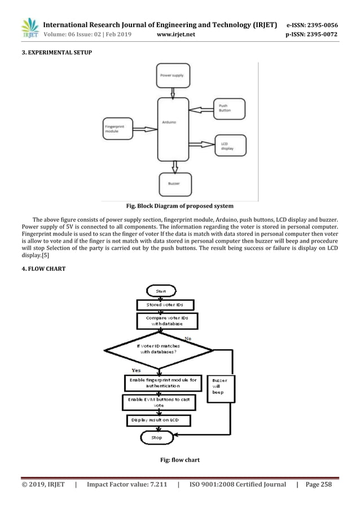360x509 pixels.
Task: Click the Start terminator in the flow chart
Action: [x=156, y=291]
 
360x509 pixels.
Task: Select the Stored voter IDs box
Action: [x=165, y=305]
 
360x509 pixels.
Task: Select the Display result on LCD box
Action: [x=156, y=421]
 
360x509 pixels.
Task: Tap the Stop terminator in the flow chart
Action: [x=156, y=437]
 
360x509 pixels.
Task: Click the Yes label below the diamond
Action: [x=136, y=371]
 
